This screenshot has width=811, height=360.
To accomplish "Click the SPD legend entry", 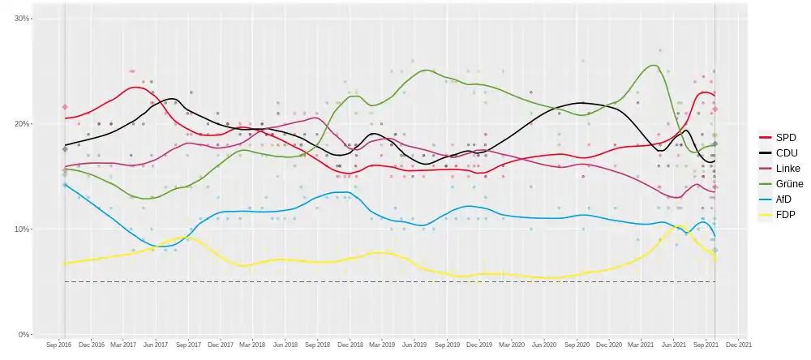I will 780,136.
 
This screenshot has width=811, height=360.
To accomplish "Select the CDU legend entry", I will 780,152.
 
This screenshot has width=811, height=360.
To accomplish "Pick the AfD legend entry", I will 779,199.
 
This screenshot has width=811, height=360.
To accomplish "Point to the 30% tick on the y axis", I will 22,19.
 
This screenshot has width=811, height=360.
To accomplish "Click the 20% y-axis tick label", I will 22,124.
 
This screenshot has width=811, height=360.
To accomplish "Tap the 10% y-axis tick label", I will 22,229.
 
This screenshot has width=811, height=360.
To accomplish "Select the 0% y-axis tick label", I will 24,334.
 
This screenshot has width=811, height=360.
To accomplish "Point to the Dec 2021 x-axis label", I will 739,345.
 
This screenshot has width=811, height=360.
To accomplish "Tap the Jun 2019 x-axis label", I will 414,345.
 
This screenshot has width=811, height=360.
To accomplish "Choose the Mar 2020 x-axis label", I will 511,345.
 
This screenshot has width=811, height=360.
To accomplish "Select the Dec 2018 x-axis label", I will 350,345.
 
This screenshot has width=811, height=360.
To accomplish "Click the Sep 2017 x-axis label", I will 188,345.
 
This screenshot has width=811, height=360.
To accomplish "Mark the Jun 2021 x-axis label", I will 673,345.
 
